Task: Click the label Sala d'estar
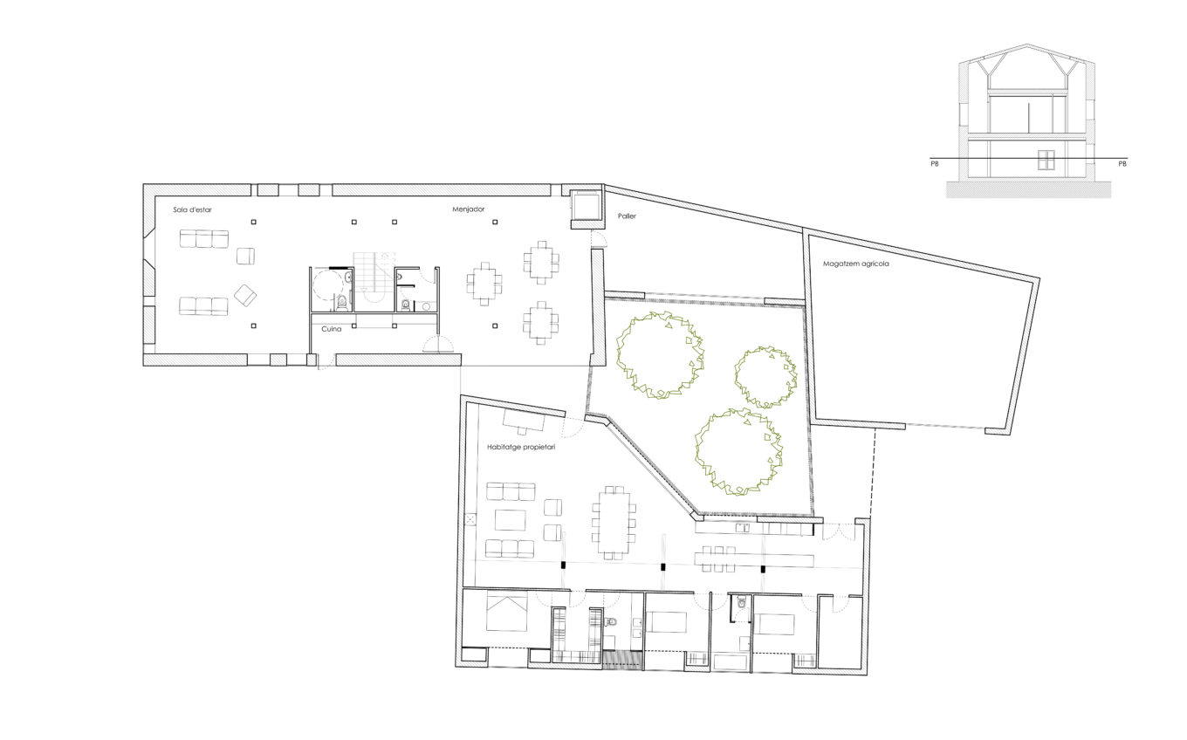click(192, 209)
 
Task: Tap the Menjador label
click(469, 209)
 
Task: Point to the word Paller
click(627, 216)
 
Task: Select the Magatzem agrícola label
click(856, 264)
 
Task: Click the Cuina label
click(331, 329)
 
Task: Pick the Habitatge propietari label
click(521, 447)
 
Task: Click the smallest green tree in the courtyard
click(765, 377)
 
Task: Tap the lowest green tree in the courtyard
click(738, 451)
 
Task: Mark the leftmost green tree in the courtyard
click(660, 355)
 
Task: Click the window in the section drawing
click(1046, 160)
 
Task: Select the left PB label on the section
click(935, 164)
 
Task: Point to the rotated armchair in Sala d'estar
click(245, 296)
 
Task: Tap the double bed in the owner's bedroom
click(506, 612)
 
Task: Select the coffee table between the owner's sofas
click(511, 519)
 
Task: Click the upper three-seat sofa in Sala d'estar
click(204, 239)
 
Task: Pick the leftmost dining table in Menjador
click(484, 284)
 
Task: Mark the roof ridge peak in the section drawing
click(1026, 45)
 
